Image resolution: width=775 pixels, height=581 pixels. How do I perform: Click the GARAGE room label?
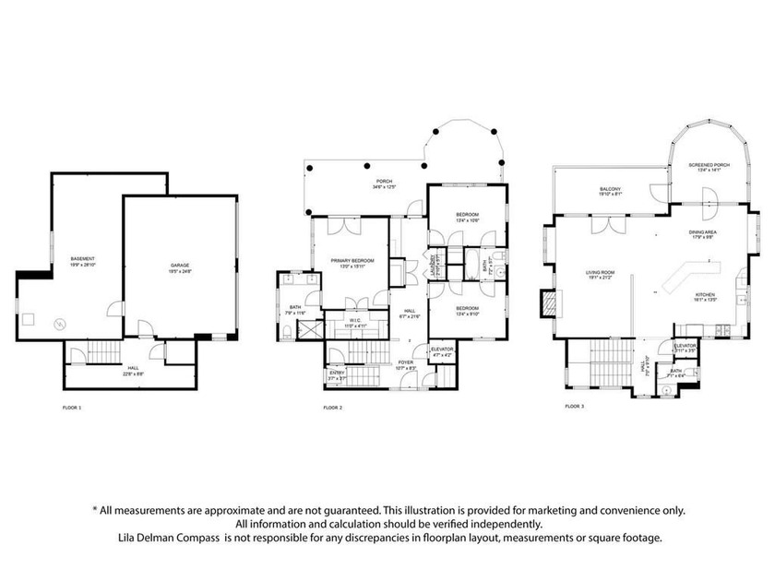(x=180, y=266)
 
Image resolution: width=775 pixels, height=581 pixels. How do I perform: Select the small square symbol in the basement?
(x=29, y=320)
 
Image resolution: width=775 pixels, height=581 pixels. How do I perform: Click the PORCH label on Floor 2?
(x=385, y=183)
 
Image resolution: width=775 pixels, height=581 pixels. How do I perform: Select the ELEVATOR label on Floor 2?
(x=442, y=350)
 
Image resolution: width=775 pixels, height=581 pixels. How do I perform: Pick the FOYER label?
(x=406, y=363)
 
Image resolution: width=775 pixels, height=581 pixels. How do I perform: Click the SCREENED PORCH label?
(x=709, y=166)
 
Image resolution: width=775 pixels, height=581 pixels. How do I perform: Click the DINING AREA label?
(x=703, y=234)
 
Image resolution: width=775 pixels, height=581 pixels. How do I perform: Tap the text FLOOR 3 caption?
(x=574, y=406)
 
